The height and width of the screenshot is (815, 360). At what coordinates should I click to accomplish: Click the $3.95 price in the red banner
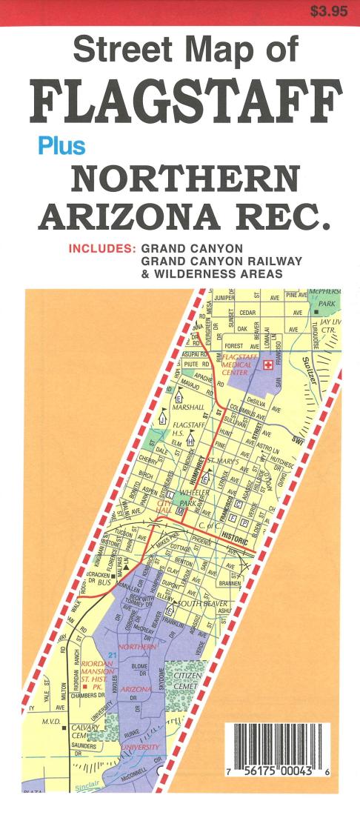coord(328,11)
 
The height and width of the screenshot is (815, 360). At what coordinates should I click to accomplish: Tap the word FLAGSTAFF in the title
coord(185,103)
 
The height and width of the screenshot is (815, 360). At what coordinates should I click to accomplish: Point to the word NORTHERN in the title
coord(185,179)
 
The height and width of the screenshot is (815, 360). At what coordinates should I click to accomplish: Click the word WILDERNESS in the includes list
coord(195,273)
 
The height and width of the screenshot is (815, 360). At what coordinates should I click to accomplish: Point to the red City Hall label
coord(164,506)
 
